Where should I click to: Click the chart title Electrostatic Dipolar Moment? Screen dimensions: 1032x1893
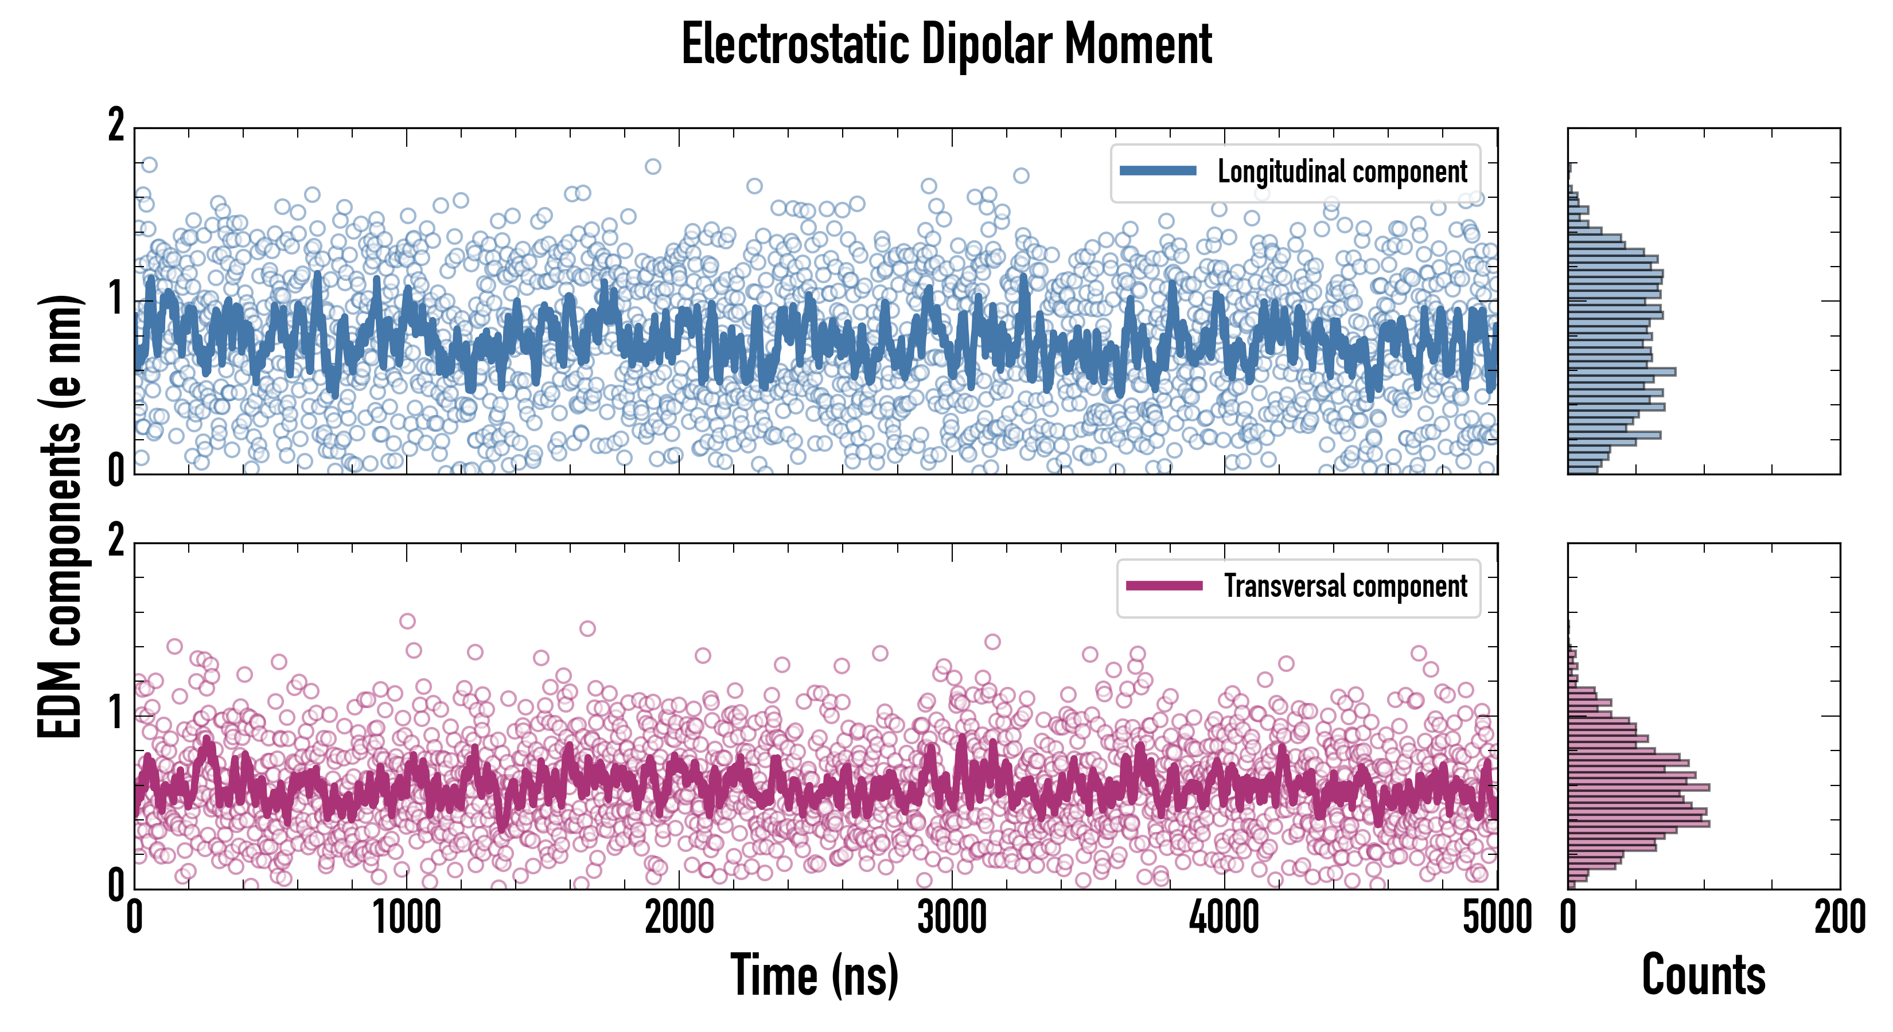click(946, 44)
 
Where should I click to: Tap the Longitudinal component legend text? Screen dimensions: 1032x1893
click(1342, 172)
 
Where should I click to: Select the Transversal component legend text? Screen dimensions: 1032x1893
click(1345, 586)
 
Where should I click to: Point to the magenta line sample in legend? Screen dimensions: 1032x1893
click(1164, 585)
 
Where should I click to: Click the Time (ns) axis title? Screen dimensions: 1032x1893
click(814, 975)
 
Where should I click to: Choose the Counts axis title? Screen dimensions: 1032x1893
click(1703, 975)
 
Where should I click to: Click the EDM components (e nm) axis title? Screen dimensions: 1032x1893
click(60, 517)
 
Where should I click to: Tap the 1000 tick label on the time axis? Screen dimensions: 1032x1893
click(406, 918)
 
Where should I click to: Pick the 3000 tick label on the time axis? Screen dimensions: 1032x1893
click(952, 918)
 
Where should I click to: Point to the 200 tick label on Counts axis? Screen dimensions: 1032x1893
click(1839, 918)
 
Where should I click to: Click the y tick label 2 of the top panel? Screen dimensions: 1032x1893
click(116, 126)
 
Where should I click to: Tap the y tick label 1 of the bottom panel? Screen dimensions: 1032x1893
click(116, 713)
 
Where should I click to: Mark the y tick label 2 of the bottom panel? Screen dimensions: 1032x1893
click(116, 542)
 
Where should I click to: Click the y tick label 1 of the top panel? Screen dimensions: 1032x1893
click(116, 299)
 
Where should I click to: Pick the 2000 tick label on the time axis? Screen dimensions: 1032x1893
click(679, 918)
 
